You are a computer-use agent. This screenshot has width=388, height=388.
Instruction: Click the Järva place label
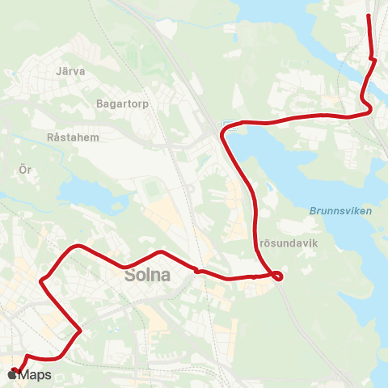(x=71, y=71)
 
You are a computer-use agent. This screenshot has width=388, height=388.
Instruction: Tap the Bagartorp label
(x=119, y=103)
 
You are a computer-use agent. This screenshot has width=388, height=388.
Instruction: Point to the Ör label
(x=24, y=170)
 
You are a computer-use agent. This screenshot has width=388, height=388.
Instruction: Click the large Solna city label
(x=148, y=276)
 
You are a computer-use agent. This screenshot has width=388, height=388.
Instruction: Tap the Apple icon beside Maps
(x=14, y=375)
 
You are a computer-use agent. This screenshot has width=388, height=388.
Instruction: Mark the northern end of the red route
(x=369, y=15)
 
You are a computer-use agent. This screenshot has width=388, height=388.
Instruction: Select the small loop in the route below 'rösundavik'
(x=277, y=276)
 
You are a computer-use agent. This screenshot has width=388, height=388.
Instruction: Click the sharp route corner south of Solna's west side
(x=80, y=331)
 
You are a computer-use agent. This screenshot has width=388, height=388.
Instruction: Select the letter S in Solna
(x=131, y=276)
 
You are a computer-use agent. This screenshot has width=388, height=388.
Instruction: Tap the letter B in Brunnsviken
(x=313, y=211)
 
